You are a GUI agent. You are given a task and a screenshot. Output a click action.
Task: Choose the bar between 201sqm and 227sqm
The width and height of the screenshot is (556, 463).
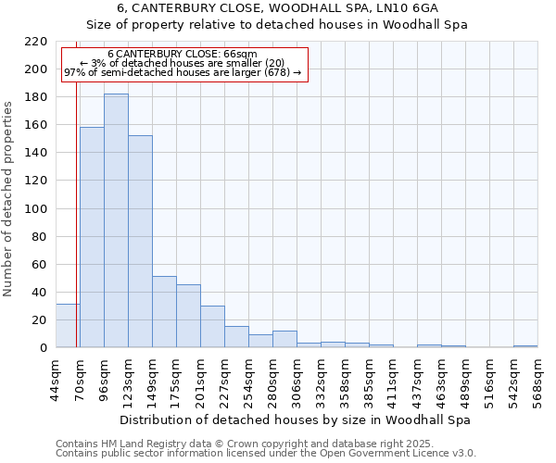(x=212, y=327)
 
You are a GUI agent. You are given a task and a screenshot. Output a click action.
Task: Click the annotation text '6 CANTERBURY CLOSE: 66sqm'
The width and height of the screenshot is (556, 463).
(x=183, y=55)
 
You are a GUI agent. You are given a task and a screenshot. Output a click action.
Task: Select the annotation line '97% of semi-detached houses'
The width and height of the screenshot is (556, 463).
(x=183, y=72)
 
